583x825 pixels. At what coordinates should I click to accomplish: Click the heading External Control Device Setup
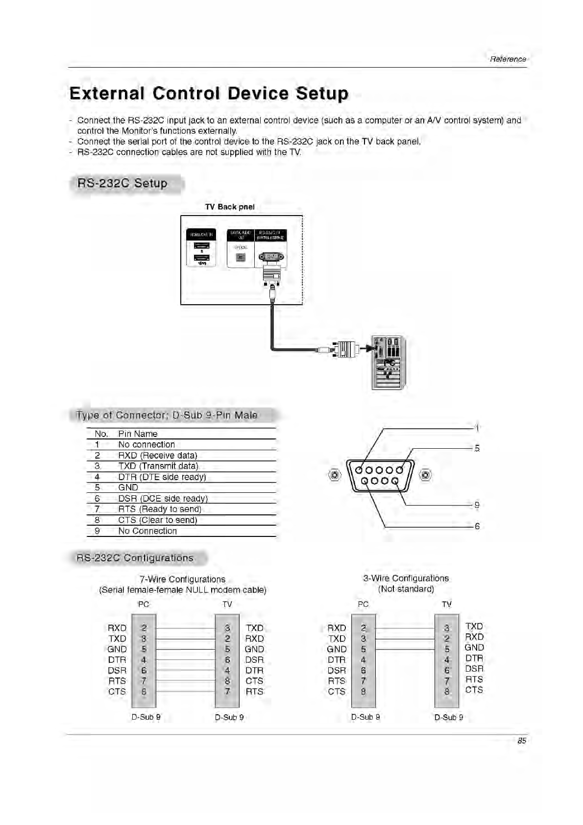tap(209, 93)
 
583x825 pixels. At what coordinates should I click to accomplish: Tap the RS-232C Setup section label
tap(122, 184)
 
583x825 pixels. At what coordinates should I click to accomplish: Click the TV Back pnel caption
tap(230, 207)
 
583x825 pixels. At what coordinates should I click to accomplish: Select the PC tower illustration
tap(389, 363)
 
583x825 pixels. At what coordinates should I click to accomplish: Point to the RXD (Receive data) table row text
tap(157, 455)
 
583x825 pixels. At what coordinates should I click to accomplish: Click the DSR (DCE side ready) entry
tap(163, 498)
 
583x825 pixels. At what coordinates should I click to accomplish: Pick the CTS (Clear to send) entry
tap(157, 520)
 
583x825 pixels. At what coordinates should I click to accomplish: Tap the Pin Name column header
tap(138, 434)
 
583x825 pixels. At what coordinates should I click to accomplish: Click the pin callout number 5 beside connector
tap(477, 448)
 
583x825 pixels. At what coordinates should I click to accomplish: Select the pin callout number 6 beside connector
tap(477, 527)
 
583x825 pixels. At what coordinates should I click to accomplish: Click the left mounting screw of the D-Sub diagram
tap(335, 475)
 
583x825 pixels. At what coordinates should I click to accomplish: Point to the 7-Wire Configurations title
tap(182, 579)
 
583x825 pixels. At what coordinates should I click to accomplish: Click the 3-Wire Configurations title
tap(406, 578)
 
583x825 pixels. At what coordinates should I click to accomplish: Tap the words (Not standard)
tap(406, 589)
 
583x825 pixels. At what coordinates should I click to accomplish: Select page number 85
tap(522, 741)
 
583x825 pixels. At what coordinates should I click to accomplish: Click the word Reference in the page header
tap(508, 59)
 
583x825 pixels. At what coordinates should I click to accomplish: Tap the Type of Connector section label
tap(167, 415)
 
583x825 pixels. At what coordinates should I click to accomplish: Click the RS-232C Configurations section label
tap(135, 558)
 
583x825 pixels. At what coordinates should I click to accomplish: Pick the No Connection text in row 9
tap(147, 531)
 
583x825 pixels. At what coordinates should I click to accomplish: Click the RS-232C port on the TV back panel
tap(271, 257)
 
